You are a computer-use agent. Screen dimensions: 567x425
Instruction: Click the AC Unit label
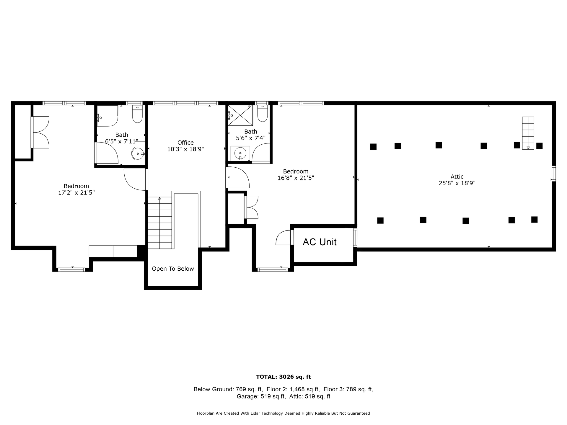click(320, 242)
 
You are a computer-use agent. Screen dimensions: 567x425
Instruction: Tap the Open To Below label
click(173, 269)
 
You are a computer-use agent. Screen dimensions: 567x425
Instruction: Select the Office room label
click(185, 143)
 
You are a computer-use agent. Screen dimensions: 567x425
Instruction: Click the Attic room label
click(457, 176)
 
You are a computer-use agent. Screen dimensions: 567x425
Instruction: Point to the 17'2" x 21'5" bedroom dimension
click(76, 193)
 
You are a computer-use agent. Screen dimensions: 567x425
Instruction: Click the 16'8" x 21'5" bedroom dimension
click(296, 178)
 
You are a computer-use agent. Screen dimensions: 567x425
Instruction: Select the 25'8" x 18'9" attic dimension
click(457, 183)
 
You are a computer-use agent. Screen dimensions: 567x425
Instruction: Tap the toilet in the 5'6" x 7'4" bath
click(263, 113)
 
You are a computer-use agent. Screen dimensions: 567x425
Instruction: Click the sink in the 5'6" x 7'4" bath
click(240, 153)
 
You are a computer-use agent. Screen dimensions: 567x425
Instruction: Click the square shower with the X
click(240, 115)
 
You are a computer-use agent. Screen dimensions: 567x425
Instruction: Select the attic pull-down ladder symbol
click(528, 133)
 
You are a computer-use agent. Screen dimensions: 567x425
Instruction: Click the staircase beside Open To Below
click(159, 223)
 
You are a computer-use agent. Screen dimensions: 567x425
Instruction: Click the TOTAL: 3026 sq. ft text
click(283, 377)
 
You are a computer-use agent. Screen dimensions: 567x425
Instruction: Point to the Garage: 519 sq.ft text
click(261, 397)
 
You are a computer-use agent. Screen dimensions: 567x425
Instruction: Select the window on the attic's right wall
click(554, 174)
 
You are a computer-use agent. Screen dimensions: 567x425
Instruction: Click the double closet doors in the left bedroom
click(40, 132)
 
